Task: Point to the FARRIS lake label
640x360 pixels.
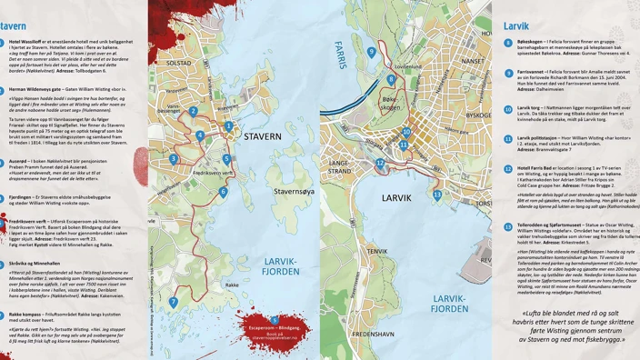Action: point(342,59)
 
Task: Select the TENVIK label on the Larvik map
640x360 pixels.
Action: point(377,251)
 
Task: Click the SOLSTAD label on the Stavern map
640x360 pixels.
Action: point(178,63)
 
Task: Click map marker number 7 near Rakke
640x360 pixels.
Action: point(173,302)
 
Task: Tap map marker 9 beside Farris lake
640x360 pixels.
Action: point(371,52)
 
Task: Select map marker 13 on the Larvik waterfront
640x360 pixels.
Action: point(437,195)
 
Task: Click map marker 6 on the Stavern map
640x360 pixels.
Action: point(224,192)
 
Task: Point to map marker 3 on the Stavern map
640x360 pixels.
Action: point(174,159)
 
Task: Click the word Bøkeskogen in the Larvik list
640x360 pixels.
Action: point(531,42)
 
